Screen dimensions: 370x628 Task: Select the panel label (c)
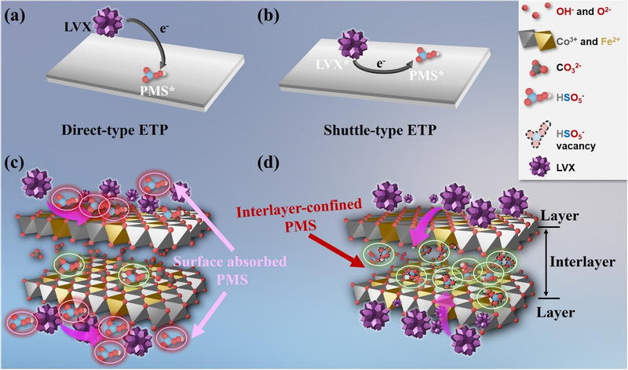pos(17,167)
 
